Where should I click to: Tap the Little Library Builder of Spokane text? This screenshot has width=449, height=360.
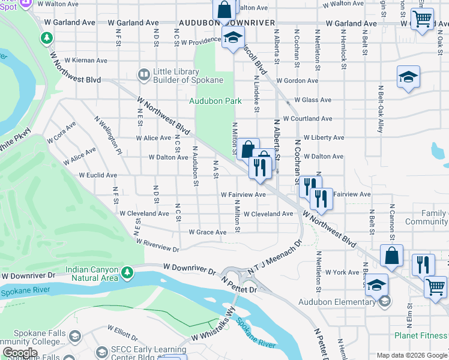coord(188,75)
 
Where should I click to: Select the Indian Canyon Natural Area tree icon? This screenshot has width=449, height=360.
coord(127,274)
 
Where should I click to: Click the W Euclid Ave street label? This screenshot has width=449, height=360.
coord(98,175)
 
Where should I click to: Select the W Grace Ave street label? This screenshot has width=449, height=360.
coord(208,232)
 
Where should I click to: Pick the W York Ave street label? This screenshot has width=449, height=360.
coord(344,272)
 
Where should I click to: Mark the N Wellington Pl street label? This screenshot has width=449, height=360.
coord(107,135)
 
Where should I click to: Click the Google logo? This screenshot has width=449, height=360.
coord(20,353)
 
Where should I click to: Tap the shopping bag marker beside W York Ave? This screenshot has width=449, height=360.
coord(391,255)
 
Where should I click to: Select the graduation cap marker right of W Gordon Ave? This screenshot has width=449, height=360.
coord(408,77)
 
